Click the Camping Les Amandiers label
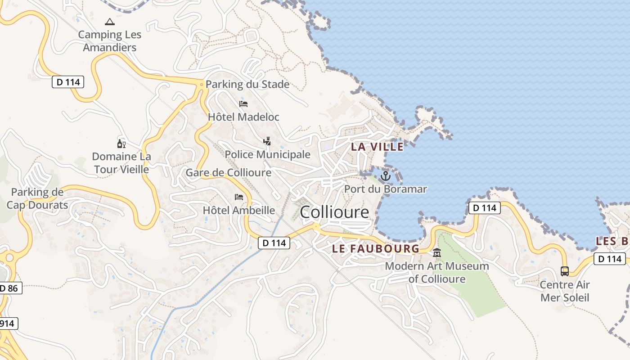point(110,41)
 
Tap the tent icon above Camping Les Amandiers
point(109,22)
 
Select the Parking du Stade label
point(247,84)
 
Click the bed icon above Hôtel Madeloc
point(243,104)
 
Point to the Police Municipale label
point(267,154)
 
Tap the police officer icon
point(267,141)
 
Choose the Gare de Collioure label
point(229,173)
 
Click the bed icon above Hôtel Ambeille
point(239,197)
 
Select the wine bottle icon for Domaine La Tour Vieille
point(121,144)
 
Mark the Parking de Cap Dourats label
point(37,199)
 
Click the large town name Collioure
point(334,212)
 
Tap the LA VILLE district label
point(377,146)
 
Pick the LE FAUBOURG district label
point(376,248)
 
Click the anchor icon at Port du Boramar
point(385,176)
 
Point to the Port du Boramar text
point(385,189)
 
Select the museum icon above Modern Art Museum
point(436,253)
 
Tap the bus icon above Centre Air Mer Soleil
point(565,271)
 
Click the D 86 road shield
point(9,288)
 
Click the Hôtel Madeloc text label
point(243,117)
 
